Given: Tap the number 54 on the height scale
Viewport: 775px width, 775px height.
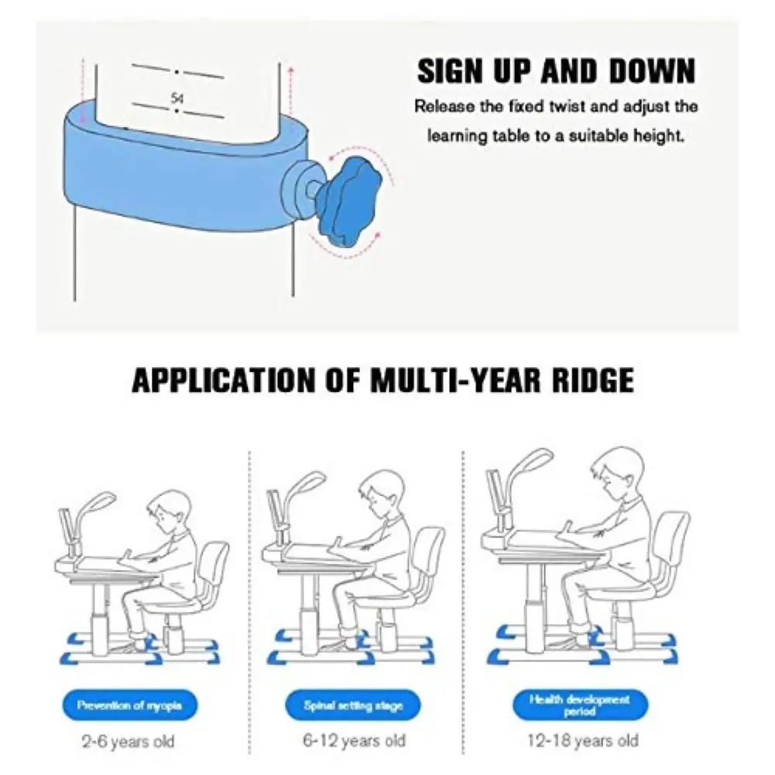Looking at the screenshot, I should coord(177,99).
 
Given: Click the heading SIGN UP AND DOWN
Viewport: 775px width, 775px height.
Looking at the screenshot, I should coord(556,71).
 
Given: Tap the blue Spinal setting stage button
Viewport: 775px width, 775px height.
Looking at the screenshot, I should coord(353,706).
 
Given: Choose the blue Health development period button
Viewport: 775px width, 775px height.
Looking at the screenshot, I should coord(580,704).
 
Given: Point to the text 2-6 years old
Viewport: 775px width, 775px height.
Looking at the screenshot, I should coord(129,742).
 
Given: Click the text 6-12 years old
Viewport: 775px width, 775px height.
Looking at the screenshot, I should coord(354,740).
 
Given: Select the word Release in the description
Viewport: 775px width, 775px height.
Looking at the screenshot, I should coord(442,106).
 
